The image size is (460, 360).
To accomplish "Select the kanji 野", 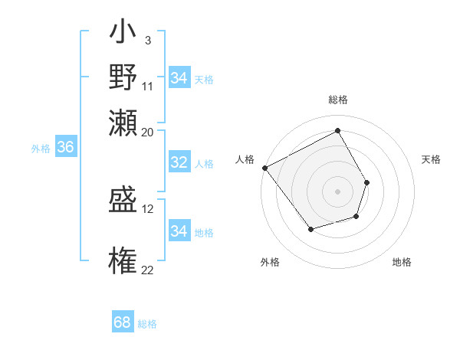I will [x=123, y=77].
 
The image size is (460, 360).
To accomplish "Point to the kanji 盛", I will [x=123, y=201].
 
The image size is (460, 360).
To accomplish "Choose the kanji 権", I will [x=123, y=260].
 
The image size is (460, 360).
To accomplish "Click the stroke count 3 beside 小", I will [x=147, y=40].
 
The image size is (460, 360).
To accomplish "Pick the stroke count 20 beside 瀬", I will [x=148, y=132].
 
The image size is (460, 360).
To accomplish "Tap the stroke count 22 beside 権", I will [x=148, y=269].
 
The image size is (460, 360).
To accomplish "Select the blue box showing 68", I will [x=123, y=322].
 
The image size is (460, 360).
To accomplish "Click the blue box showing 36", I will [x=65, y=148].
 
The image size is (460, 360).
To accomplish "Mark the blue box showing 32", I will [x=179, y=162].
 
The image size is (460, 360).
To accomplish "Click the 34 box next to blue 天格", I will [x=179, y=78].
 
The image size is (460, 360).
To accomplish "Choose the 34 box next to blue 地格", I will [x=179, y=231].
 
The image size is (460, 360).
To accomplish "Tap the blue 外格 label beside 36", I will [x=41, y=149].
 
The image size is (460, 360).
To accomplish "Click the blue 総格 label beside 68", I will [x=147, y=324].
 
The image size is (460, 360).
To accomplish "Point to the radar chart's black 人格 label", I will [x=245, y=159].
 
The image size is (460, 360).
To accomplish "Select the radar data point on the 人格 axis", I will [x=264, y=168].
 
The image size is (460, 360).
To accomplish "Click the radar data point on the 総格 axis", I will [x=337, y=131].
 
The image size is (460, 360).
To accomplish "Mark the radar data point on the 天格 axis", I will [x=367, y=182].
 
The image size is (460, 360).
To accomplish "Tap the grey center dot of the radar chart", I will [x=337, y=191].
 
